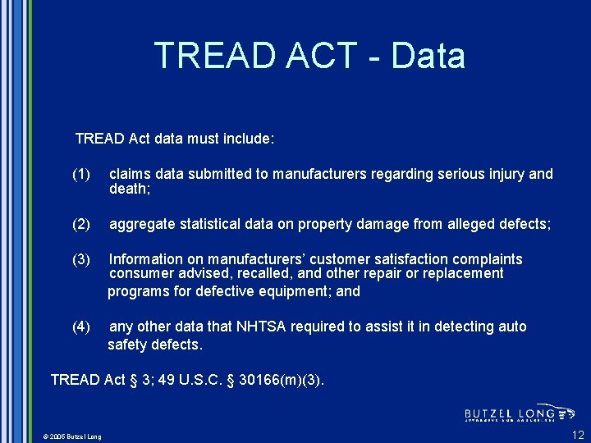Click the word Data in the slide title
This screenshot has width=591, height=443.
pos(428,56)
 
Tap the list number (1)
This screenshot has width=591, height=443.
pos(81,174)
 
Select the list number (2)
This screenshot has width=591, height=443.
pos(81,224)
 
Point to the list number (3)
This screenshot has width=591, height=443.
pos(81,259)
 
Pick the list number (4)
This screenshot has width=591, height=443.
pos(81,327)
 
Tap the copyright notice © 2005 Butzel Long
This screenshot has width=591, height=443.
pos(73,436)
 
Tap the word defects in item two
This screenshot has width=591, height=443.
pos(522,224)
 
